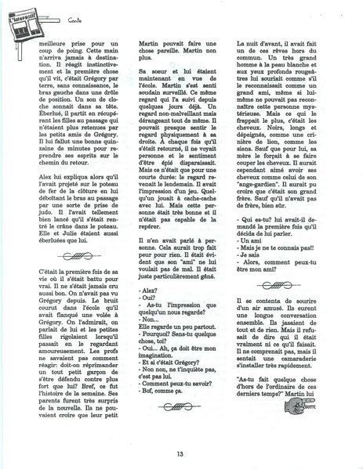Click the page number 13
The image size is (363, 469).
pyautogui.click(x=180, y=453)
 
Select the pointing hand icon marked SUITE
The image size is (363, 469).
pyautogui.click(x=332, y=426)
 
